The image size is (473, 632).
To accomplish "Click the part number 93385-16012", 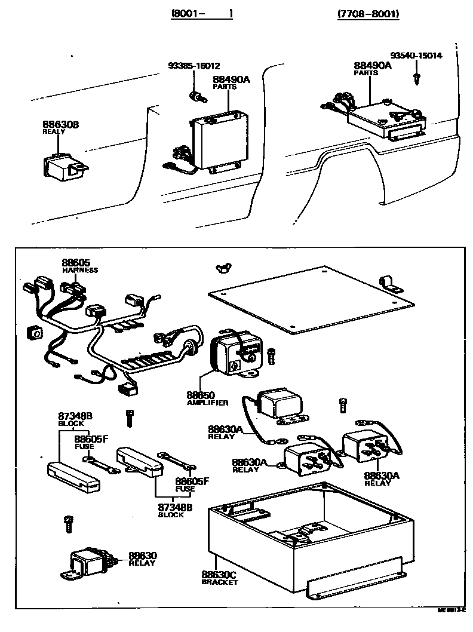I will coord(194,66).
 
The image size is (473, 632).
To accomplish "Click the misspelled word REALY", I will coord(54,131).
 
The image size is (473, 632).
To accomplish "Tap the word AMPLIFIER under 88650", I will coord(208,403).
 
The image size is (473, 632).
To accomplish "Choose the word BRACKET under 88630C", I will coord(219,582).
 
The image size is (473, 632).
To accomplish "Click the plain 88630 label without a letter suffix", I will coord(142,555).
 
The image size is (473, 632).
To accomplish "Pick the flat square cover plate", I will coord(311,299).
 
